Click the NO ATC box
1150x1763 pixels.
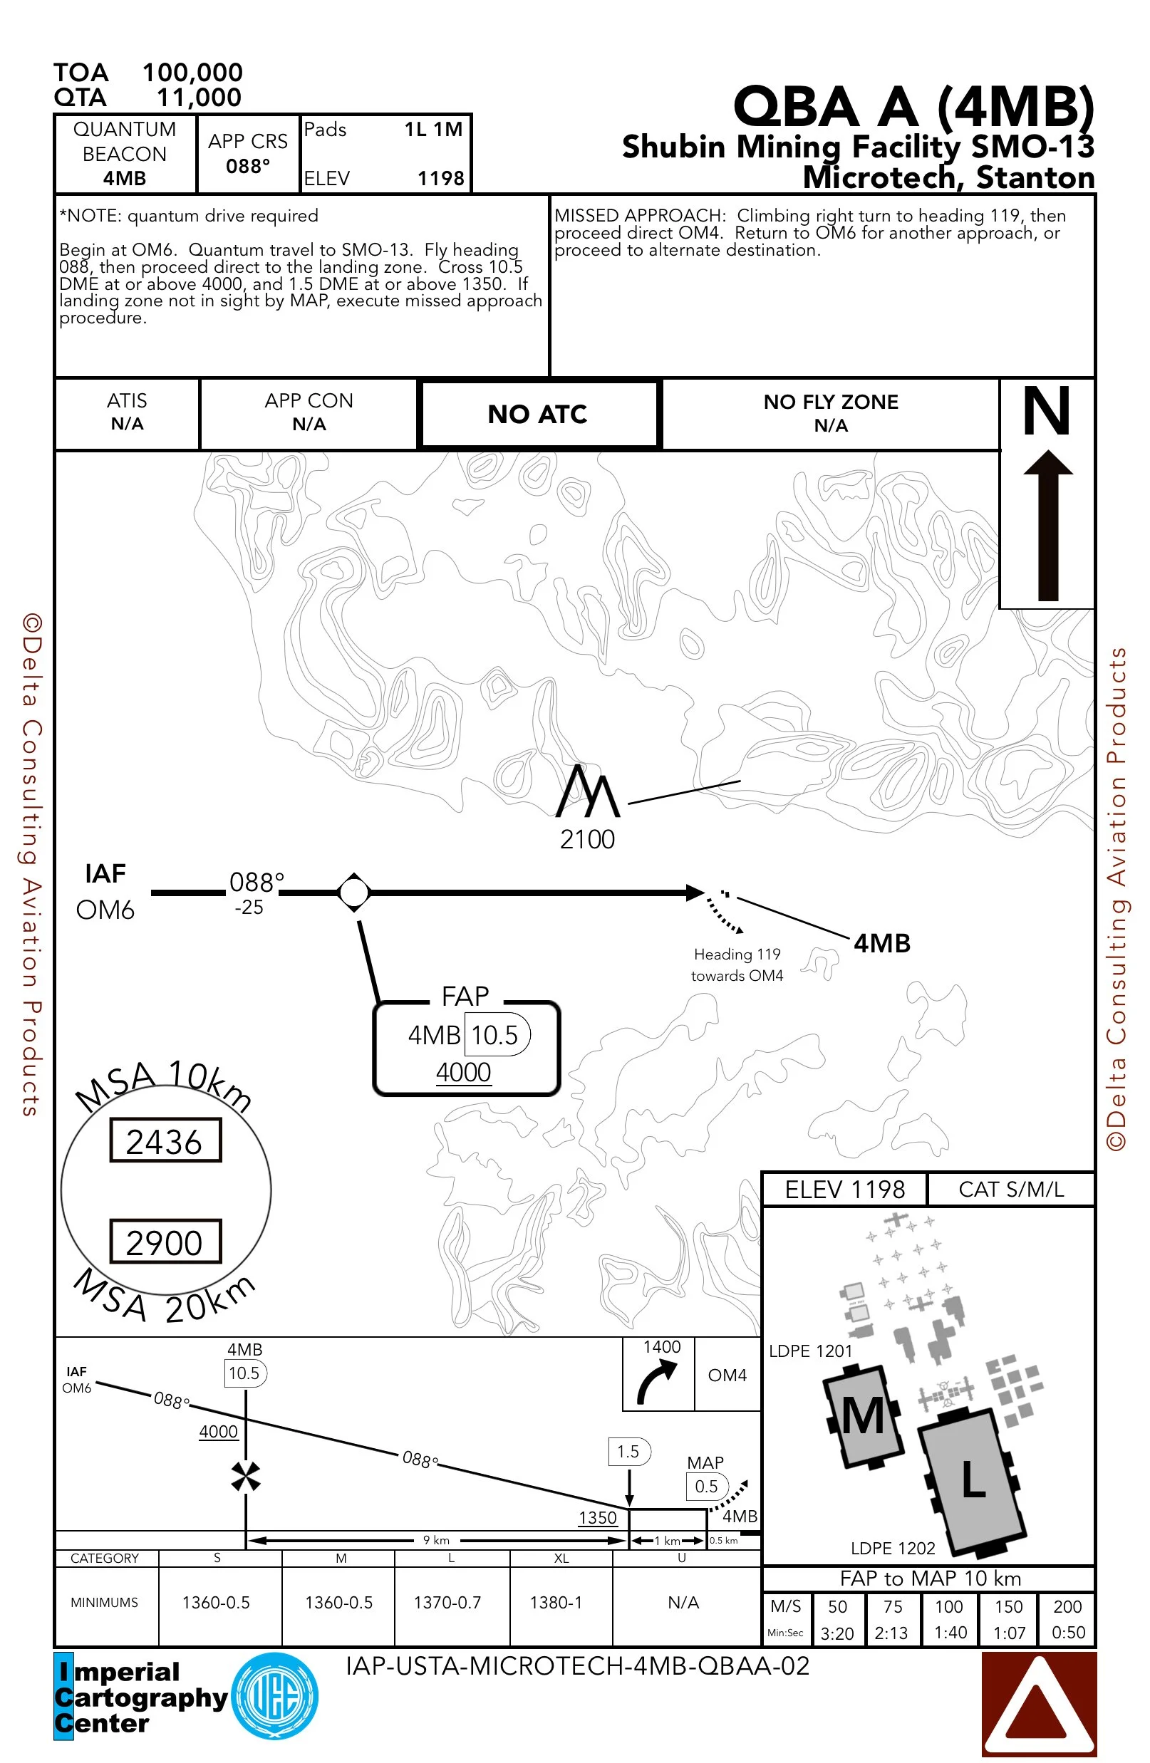pyautogui.click(x=538, y=414)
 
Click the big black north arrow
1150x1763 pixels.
pyautogui.click(x=1047, y=526)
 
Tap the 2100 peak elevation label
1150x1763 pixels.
pyautogui.click(x=587, y=839)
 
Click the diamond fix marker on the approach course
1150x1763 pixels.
pyautogui.click(x=353, y=892)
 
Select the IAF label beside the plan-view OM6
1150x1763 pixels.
pyautogui.click(x=105, y=874)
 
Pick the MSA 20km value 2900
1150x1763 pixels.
pyautogui.click(x=165, y=1242)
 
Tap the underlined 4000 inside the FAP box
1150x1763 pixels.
pyautogui.click(x=463, y=1072)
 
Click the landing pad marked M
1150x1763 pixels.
pyautogui.click(x=864, y=1415)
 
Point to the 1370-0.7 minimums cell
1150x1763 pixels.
pyautogui.click(x=447, y=1602)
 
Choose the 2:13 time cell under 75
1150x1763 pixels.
pyautogui.click(x=891, y=1633)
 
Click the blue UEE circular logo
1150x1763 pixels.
pyautogui.click(x=275, y=1696)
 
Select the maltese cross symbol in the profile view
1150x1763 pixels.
pyautogui.click(x=245, y=1477)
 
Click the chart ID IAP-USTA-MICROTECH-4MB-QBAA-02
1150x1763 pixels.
pyautogui.click(x=577, y=1666)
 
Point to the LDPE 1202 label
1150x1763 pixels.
pyautogui.click(x=892, y=1548)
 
